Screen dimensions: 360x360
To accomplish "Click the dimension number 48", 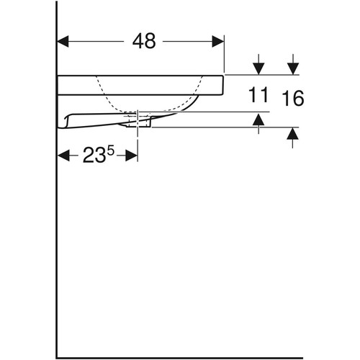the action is point(144,41).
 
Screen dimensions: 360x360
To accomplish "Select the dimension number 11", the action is point(258,95).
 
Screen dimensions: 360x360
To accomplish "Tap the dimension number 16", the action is point(293,98).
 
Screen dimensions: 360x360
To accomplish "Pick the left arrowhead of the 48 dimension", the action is point(63,41).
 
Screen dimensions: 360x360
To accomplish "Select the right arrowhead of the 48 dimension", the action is point(218,41).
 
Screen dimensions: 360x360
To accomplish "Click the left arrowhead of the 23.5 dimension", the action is point(63,156).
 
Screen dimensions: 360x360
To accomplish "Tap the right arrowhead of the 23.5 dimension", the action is point(131,156).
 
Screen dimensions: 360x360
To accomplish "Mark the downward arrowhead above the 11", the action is point(258,68).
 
